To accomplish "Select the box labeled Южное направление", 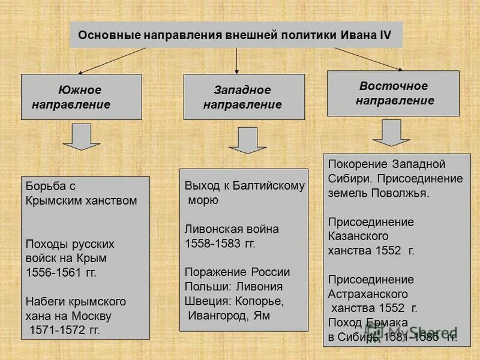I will tap(82, 97).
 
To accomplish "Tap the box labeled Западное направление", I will tap(244, 97).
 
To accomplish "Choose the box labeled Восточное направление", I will tap(393, 93).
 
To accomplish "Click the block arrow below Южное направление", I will tap(82, 137).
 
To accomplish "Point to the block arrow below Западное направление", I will tap(243, 140).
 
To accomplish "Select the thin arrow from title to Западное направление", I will tap(237, 61).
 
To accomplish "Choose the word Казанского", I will tap(358, 236).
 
